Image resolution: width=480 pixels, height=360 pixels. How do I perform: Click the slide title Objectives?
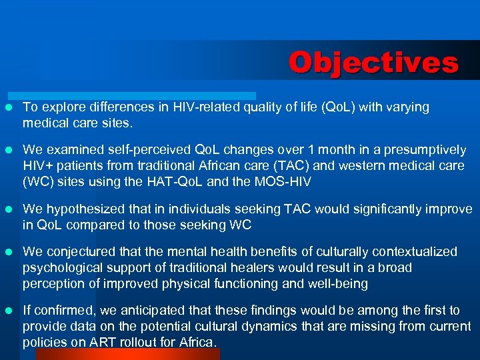(x=373, y=63)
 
